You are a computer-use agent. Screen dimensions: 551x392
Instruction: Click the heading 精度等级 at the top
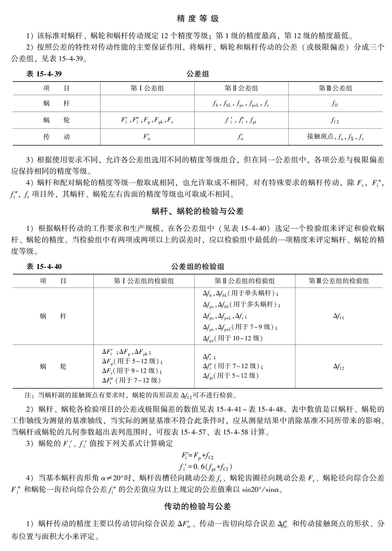pyautogui.click(x=198, y=19)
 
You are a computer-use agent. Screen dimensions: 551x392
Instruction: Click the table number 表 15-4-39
pyautogui.click(x=44, y=74)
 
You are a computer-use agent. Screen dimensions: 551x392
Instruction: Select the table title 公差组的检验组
pyautogui.click(x=198, y=267)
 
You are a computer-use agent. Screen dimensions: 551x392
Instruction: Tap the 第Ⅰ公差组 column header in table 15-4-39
pyautogui.click(x=147, y=88)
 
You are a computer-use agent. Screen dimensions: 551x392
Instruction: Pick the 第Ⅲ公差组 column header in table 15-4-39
pyautogui.click(x=335, y=88)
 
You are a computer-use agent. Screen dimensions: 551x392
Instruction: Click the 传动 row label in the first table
pyautogui.click(x=56, y=137)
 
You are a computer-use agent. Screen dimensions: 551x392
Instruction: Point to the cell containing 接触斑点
pyautogui.click(x=335, y=137)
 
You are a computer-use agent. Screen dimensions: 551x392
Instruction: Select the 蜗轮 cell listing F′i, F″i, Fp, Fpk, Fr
pyautogui.click(x=147, y=120)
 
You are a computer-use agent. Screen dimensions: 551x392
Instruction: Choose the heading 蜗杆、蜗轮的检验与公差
pyautogui.click(x=198, y=211)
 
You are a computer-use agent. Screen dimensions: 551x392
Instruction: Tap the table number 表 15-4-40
pyautogui.click(x=44, y=267)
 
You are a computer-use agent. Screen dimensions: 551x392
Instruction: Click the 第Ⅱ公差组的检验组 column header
pyautogui.click(x=245, y=281)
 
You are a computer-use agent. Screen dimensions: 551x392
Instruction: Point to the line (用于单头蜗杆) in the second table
pyautogui.click(x=241, y=293)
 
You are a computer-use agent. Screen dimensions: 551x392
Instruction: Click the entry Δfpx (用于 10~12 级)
pyautogui.click(x=233, y=338)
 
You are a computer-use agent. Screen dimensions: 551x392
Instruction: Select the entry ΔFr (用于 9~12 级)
pyautogui.click(x=132, y=371)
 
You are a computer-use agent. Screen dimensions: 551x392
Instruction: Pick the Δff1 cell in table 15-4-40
pyautogui.click(x=338, y=316)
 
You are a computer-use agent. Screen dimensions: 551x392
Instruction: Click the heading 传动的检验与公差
pyautogui.click(x=198, y=506)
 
